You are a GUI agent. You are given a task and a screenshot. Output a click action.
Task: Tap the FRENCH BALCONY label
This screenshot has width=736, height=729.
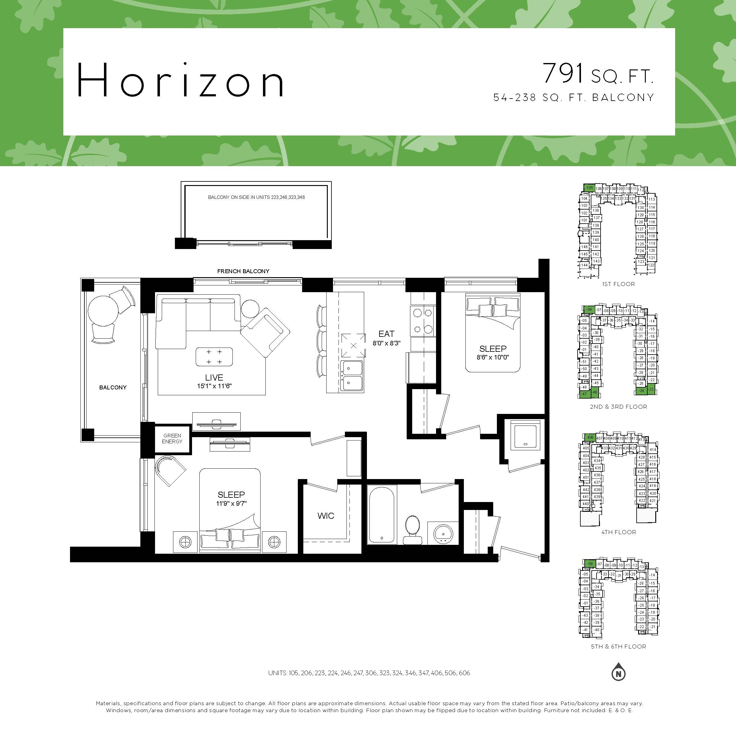click(x=243, y=271)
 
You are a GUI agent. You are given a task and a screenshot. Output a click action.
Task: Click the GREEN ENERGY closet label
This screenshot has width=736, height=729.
click(x=172, y=439)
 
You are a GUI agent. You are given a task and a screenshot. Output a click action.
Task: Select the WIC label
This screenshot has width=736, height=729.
click(x=326, y=516)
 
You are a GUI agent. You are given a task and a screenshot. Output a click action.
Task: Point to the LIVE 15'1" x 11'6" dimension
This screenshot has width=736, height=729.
click(x=214, y=386)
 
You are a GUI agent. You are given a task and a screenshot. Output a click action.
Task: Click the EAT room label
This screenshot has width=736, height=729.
click(x=386, y=334)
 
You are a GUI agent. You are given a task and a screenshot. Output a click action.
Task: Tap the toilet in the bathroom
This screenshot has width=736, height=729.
click(x=412, y=530)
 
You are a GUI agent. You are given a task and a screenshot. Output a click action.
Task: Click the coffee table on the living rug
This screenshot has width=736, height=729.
click(x=214, y=357)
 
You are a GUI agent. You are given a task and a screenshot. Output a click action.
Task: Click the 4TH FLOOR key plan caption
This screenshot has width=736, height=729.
click(x=618, y=532)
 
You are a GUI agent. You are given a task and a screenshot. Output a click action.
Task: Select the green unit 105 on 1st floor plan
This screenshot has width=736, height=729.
click(x=589, y=188)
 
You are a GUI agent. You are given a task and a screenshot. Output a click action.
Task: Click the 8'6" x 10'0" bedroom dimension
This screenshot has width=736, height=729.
click(x=493, y=357)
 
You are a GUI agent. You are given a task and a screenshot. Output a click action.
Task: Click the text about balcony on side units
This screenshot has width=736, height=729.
click(x=256, y=197)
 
